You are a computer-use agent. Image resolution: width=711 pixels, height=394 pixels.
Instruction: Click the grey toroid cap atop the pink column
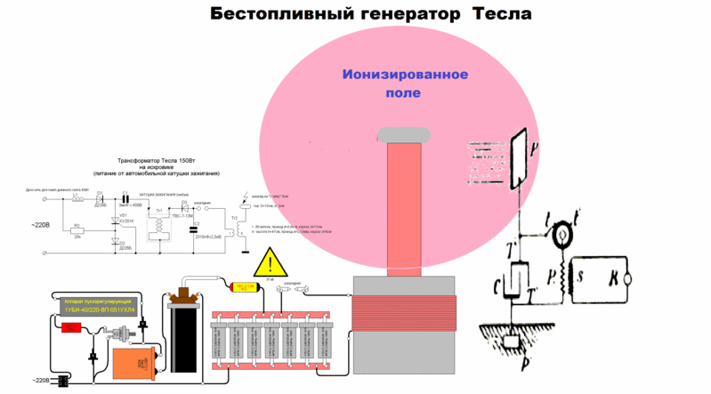pos(407,136)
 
